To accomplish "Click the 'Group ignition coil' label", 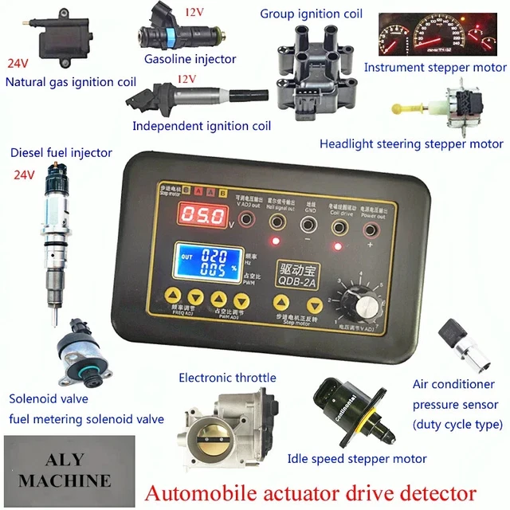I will (x=311, y=14).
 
